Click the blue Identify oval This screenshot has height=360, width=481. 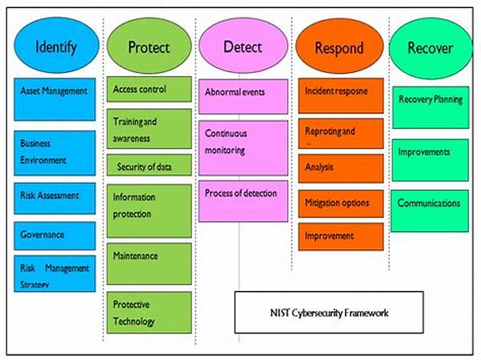(56, 46)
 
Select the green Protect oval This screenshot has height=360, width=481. (149, 46)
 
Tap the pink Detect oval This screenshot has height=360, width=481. (242, 46)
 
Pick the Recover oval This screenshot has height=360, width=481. (430, 47)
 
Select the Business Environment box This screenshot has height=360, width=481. (55, 151)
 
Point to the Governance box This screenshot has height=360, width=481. (55, 234)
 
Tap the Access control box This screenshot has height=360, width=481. (150, 88)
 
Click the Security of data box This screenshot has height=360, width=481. (150, 166)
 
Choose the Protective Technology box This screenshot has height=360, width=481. (150, 313)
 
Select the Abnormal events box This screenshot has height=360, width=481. (243, 95)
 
